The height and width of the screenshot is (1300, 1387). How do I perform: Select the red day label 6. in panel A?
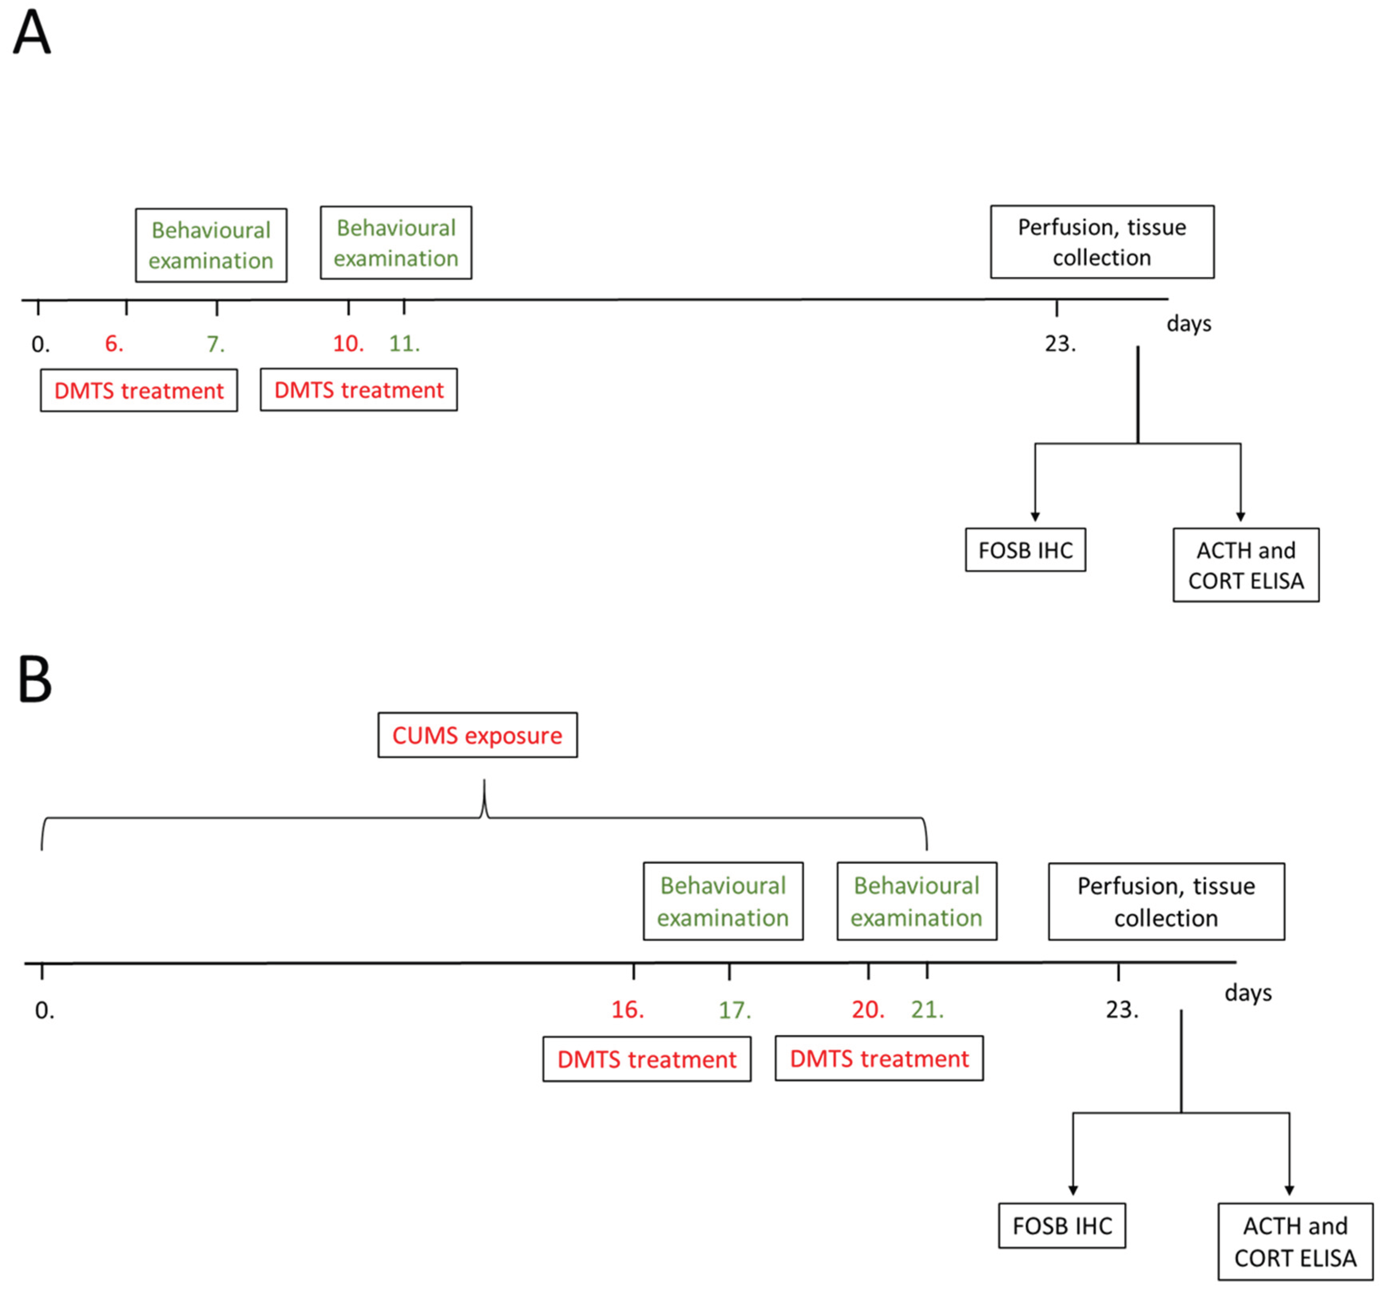click(x=114, y=343)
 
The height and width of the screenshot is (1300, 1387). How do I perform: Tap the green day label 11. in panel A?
click(x=404, y=343)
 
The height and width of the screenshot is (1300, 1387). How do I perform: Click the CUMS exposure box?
click(x=477, y=735)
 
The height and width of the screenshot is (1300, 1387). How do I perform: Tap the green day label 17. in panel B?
click(x=735, y=1010)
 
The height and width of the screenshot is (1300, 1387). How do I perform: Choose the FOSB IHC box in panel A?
click(x=1025, y=550)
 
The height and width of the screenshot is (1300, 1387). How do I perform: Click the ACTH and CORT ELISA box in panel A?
click(x=1245, y=565)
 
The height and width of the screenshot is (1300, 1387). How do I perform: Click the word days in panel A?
click(x=1189, y=324)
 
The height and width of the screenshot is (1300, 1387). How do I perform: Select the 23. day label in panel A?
click(x=1060, y=343)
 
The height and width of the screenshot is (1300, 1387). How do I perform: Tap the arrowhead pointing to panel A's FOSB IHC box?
click(x=1035, y=516)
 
